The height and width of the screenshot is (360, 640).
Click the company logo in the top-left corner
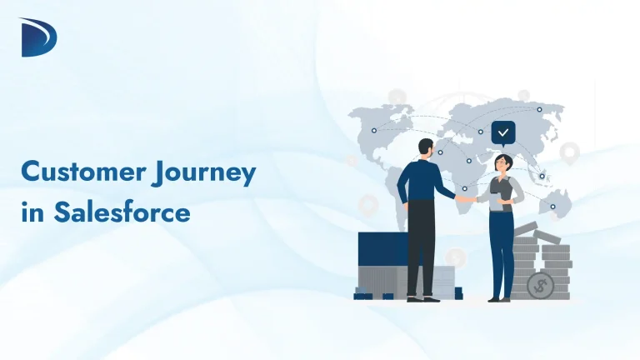coord(36,37)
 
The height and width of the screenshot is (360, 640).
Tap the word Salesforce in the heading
coord(122,212)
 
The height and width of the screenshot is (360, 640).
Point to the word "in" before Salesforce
coord(32,212)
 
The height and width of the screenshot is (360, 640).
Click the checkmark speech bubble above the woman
coord(502,132)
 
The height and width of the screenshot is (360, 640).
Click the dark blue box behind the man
coord(381,250)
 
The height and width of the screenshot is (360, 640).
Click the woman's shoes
coord(497,297)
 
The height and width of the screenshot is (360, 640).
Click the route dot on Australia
coord(552,206)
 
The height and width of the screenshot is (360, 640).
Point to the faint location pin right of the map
coord(570,152)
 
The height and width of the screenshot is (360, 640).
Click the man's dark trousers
coord(421,246)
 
